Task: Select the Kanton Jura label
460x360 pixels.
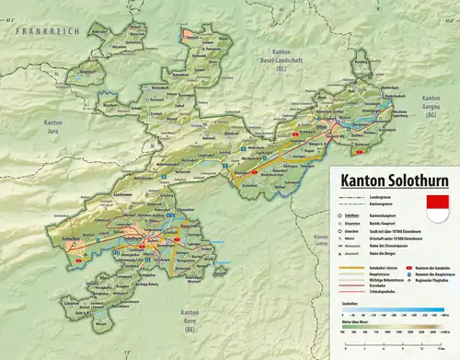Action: pos(52,126)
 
